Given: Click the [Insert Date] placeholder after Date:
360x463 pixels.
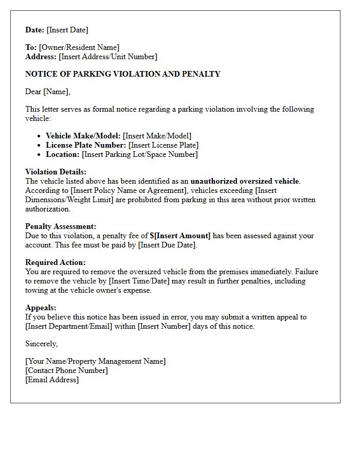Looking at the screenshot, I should (x=67, y=30).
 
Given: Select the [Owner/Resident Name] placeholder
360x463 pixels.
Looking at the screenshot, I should (x=79, y=47).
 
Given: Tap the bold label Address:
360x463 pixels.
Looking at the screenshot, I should (x=41, y=57).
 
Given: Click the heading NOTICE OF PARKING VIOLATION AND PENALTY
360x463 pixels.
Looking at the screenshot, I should (x=123, y=74).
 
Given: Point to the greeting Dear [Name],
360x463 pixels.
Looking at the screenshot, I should (x=48, y=92).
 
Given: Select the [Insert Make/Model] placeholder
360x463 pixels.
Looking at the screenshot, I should (x=157, y=136).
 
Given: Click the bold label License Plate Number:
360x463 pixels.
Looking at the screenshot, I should (x=86, y=145).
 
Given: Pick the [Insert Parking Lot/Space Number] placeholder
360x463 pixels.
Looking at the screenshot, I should (x=140, y=154).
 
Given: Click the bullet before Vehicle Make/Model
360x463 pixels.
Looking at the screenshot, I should (x=40, y=136).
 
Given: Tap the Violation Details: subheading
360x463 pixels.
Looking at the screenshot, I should (x=56, y=172).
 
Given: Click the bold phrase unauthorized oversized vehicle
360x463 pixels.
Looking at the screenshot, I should (x=244, y=181).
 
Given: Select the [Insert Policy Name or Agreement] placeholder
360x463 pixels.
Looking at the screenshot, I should (x=128, y=190).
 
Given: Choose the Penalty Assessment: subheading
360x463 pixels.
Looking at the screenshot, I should (x=61, y=226).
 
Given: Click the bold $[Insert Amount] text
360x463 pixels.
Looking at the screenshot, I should (x=180, y=236).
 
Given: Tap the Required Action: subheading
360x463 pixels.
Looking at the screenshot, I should (x=56, y=262).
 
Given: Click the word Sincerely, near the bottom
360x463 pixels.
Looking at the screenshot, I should (x=42, y=344).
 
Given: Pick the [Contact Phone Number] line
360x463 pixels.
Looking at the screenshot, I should (x=66, y=370).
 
